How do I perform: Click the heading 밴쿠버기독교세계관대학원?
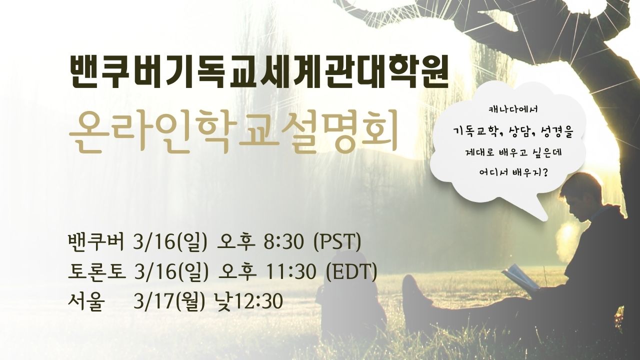pyautogui.click(x=258, y=73)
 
